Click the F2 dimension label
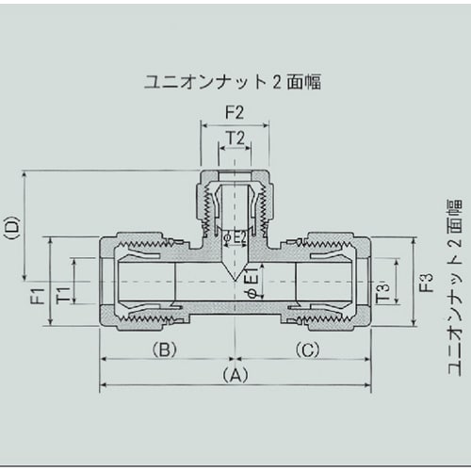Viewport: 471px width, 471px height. click(x=235, y=112)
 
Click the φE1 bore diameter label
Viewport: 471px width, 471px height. click(x=251, y=280)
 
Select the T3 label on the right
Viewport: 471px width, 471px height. click(x=382, y=291)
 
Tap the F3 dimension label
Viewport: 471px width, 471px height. click(x=426, y=282)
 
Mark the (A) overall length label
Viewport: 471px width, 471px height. click(x=235, y=374)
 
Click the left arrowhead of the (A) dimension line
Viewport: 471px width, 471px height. click(x=104, y=385)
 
